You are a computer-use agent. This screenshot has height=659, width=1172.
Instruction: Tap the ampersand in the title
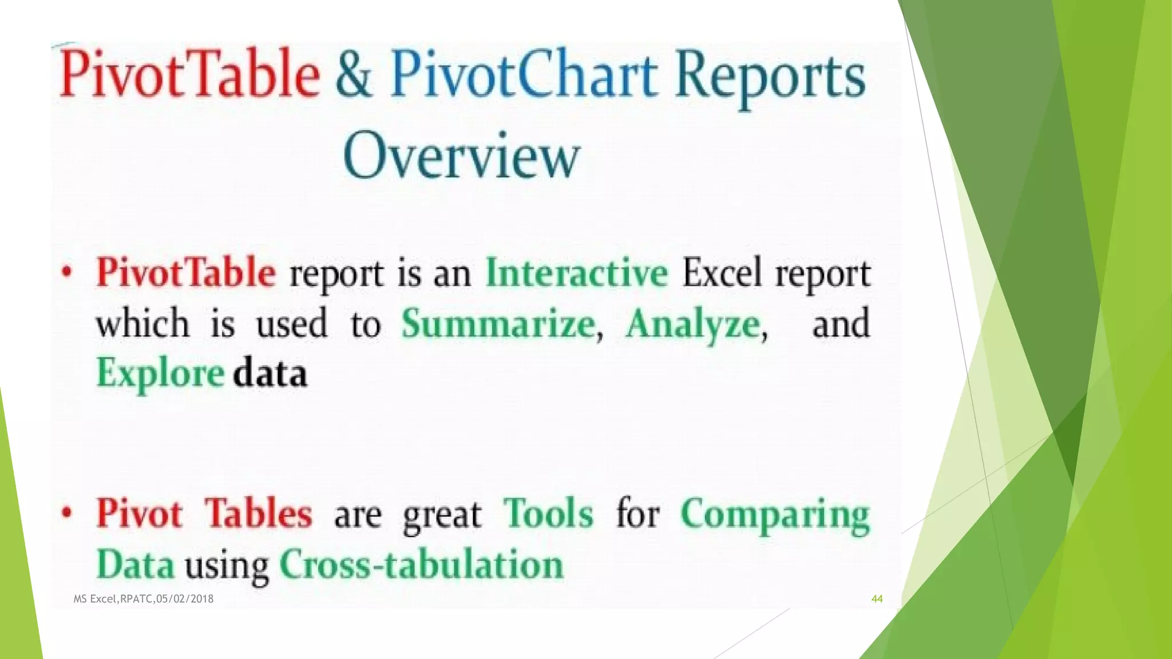point(353,76)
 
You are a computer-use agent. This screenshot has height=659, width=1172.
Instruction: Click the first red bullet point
point(68,273)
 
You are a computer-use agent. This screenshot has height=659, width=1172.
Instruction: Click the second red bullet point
point(68,513)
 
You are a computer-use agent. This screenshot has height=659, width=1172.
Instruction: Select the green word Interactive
point(576,273)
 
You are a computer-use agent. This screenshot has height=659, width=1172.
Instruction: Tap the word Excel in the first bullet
point(722,273)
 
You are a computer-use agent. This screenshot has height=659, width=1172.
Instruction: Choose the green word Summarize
point(498,324)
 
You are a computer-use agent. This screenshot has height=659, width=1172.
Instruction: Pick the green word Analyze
point(693,324)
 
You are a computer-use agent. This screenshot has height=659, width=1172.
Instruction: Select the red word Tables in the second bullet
point(259,513)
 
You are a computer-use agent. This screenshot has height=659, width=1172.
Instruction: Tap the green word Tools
point(548,513)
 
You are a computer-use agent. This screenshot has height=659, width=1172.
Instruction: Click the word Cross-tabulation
point(422,565)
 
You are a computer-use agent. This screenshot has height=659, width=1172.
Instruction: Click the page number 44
point(877,599)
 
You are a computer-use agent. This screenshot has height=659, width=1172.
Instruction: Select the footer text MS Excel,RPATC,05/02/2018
point(144,599)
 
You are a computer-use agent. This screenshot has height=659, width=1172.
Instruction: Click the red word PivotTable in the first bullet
point(185,273)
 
